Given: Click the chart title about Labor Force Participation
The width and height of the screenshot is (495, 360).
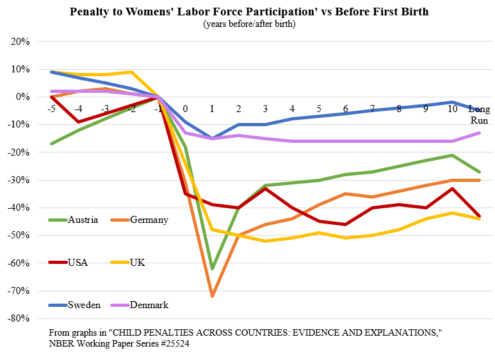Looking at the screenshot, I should [249, 12].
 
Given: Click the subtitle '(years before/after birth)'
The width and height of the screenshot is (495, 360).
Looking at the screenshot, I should [249, 24].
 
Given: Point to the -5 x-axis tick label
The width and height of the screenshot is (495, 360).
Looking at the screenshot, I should [51, 110].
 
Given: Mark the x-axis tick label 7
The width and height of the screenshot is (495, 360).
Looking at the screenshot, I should [371, 110].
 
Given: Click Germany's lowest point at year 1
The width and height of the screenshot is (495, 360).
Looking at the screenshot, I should [212, 296].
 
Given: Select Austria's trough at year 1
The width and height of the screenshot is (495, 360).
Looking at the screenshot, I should [212, 268].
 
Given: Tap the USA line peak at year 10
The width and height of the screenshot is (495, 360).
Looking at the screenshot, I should [452, 188].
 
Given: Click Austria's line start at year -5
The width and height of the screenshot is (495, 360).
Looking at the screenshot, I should [51, 143].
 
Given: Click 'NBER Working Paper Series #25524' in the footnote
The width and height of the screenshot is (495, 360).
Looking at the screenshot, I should [118, 344].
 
